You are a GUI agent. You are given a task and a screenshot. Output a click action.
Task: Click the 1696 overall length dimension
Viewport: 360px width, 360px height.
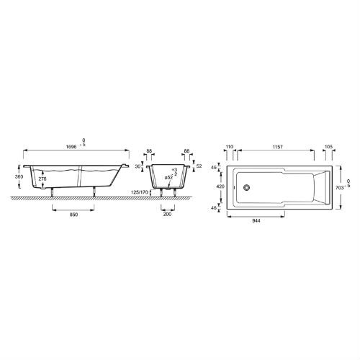coord(71,147)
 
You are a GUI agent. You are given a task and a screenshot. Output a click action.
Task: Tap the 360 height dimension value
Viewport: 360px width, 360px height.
coord(19,176)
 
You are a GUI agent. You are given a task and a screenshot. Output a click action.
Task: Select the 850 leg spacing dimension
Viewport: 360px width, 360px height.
coord(73,215)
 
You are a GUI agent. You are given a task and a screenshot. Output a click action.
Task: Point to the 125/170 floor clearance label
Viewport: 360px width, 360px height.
coord(140,192)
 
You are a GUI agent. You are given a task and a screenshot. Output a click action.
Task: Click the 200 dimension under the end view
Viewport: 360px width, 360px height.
coord(167,214)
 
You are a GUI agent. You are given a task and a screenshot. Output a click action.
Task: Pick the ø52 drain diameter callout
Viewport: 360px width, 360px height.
coord(168,178)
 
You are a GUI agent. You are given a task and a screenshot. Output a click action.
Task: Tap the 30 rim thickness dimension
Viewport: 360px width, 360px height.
coord(138,166)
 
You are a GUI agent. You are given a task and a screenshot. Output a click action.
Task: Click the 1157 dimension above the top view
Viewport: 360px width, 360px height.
coord(278,147)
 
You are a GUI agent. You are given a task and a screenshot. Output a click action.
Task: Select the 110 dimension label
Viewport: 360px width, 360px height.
coord(230,147)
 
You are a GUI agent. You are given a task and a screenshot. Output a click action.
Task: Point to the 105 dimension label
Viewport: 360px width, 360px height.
coord(328,147)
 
